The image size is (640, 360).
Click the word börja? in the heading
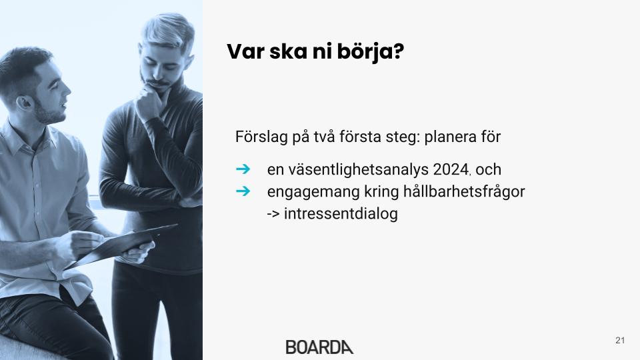[x=371, y=52]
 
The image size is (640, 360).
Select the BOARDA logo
[x=319, y=347]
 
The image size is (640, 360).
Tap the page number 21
[x=620, y=341]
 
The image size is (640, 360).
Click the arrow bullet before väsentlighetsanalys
[x=243, y=169]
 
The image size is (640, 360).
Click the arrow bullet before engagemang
[x=243, y=191]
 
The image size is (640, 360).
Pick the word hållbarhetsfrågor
[x=464, y=192]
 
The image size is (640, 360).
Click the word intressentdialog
[x=341, y=213]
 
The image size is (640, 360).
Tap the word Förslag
[x=261, y=137]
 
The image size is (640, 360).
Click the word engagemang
[x=313, y=192]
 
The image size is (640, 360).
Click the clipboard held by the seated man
[x=123, y=246]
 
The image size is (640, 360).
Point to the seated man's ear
[x=24, y=102]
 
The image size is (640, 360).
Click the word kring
[x=381, y=192]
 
